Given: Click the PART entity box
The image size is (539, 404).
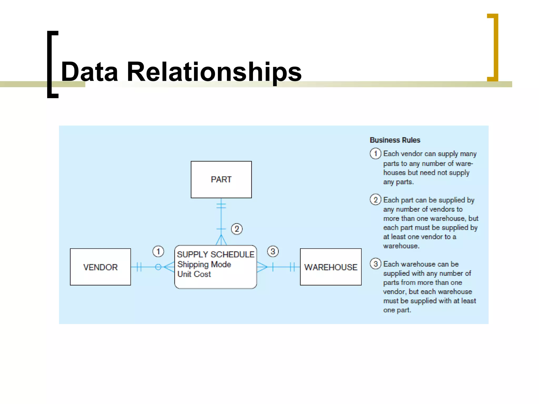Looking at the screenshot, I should pyautogui.click(x=221, y=179).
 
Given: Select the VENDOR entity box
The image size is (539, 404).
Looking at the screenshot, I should pyautogui.click(x=100, y=267).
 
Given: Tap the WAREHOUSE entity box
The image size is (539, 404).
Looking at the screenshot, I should pyautogui.click(x=331, y=267).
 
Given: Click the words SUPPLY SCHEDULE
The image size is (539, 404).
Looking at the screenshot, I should pyautogui.click(x=216, y=254).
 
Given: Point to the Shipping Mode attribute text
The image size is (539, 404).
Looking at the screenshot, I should pyautogui.click(x=204, y=264).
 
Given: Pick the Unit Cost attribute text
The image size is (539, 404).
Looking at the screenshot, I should pyautogui.click(x=194, y=274).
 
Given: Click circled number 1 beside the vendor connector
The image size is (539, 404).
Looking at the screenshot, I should pyautogui.click(x=158, y=251).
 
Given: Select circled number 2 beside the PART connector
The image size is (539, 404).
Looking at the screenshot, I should pyautogui.click(x=237, y=229).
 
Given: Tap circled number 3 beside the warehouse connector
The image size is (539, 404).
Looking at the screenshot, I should pyautogui.click(x=273, y=251).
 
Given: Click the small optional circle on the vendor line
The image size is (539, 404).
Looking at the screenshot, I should pyautogui.click(x=158, y=267).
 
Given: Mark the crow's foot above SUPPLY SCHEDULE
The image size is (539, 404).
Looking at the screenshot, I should pyautogui.click(x=221, y=240).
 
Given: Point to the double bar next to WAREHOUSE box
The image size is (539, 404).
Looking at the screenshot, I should pyautogui.click(x=292, y=267).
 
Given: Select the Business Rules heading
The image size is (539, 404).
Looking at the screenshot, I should pyautogui.click(x=395, y=140).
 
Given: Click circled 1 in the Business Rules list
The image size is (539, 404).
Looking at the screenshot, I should pyautogui.click(x=375, y=153).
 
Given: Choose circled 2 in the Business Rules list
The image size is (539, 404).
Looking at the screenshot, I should pyautogui.click(x=375, y=200).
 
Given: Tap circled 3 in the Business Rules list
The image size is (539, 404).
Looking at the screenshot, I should pyautogui.click(x=375, y=264).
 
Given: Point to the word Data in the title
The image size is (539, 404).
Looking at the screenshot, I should pyautogui.click(x=89, y=72).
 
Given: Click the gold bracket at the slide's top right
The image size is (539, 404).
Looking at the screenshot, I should pyautogui.click(x=494, y=47).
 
